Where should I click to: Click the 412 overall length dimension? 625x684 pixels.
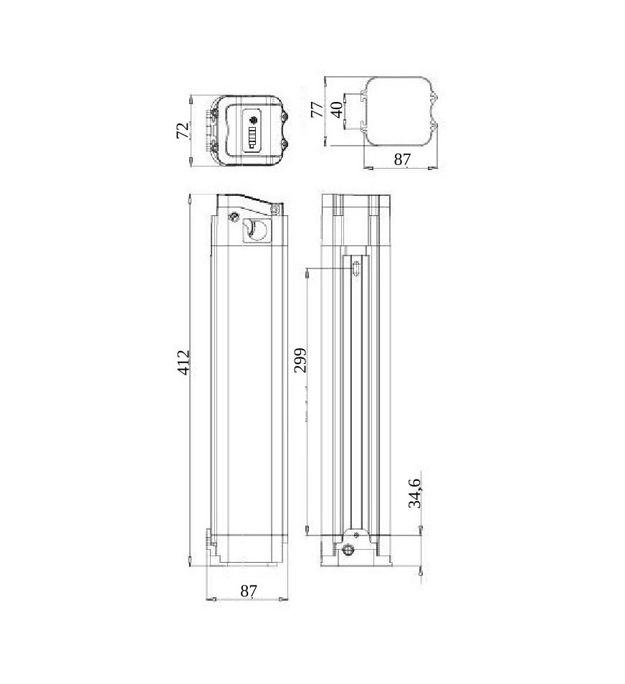point(184,362)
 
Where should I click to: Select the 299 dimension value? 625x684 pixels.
point(300,360)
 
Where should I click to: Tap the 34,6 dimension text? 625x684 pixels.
point(415,493)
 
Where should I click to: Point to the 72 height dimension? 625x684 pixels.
point(183,130)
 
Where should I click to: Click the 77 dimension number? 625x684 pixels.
point(317,109)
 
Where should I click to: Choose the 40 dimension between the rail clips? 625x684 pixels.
point(337,109)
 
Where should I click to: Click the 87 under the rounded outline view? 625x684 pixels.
point(402,159)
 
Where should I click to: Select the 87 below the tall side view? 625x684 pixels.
point(249,591)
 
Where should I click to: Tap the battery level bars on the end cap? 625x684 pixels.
point(252,138)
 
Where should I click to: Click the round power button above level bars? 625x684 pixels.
point(252,121)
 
